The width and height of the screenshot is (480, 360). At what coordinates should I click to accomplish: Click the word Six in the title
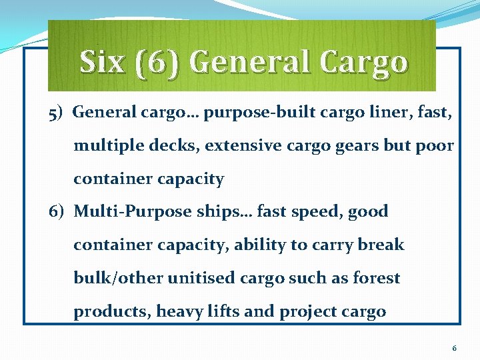[101, 62]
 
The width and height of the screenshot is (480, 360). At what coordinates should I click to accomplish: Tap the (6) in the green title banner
[155, 62]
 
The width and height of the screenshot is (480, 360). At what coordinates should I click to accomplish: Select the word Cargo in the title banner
[363, 62]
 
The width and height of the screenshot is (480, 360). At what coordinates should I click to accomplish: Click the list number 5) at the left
[56, 113]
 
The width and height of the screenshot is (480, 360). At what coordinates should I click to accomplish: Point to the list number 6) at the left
[57, 212]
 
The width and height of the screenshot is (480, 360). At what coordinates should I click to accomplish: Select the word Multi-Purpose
[132, 212]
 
